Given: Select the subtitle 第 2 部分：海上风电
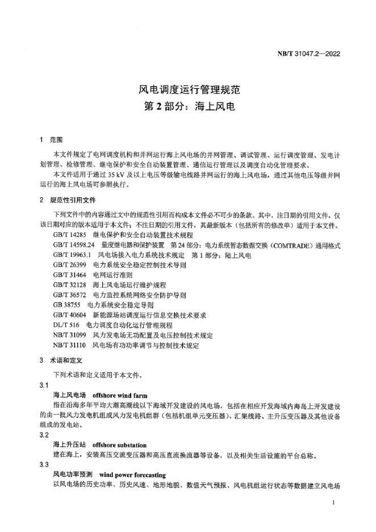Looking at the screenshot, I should click(x=187, y=106).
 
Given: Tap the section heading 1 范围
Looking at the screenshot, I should click(x=52, y=139).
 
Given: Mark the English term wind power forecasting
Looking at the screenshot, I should click(x=132, y=475).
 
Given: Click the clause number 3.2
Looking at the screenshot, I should click(x=44, y=434).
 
